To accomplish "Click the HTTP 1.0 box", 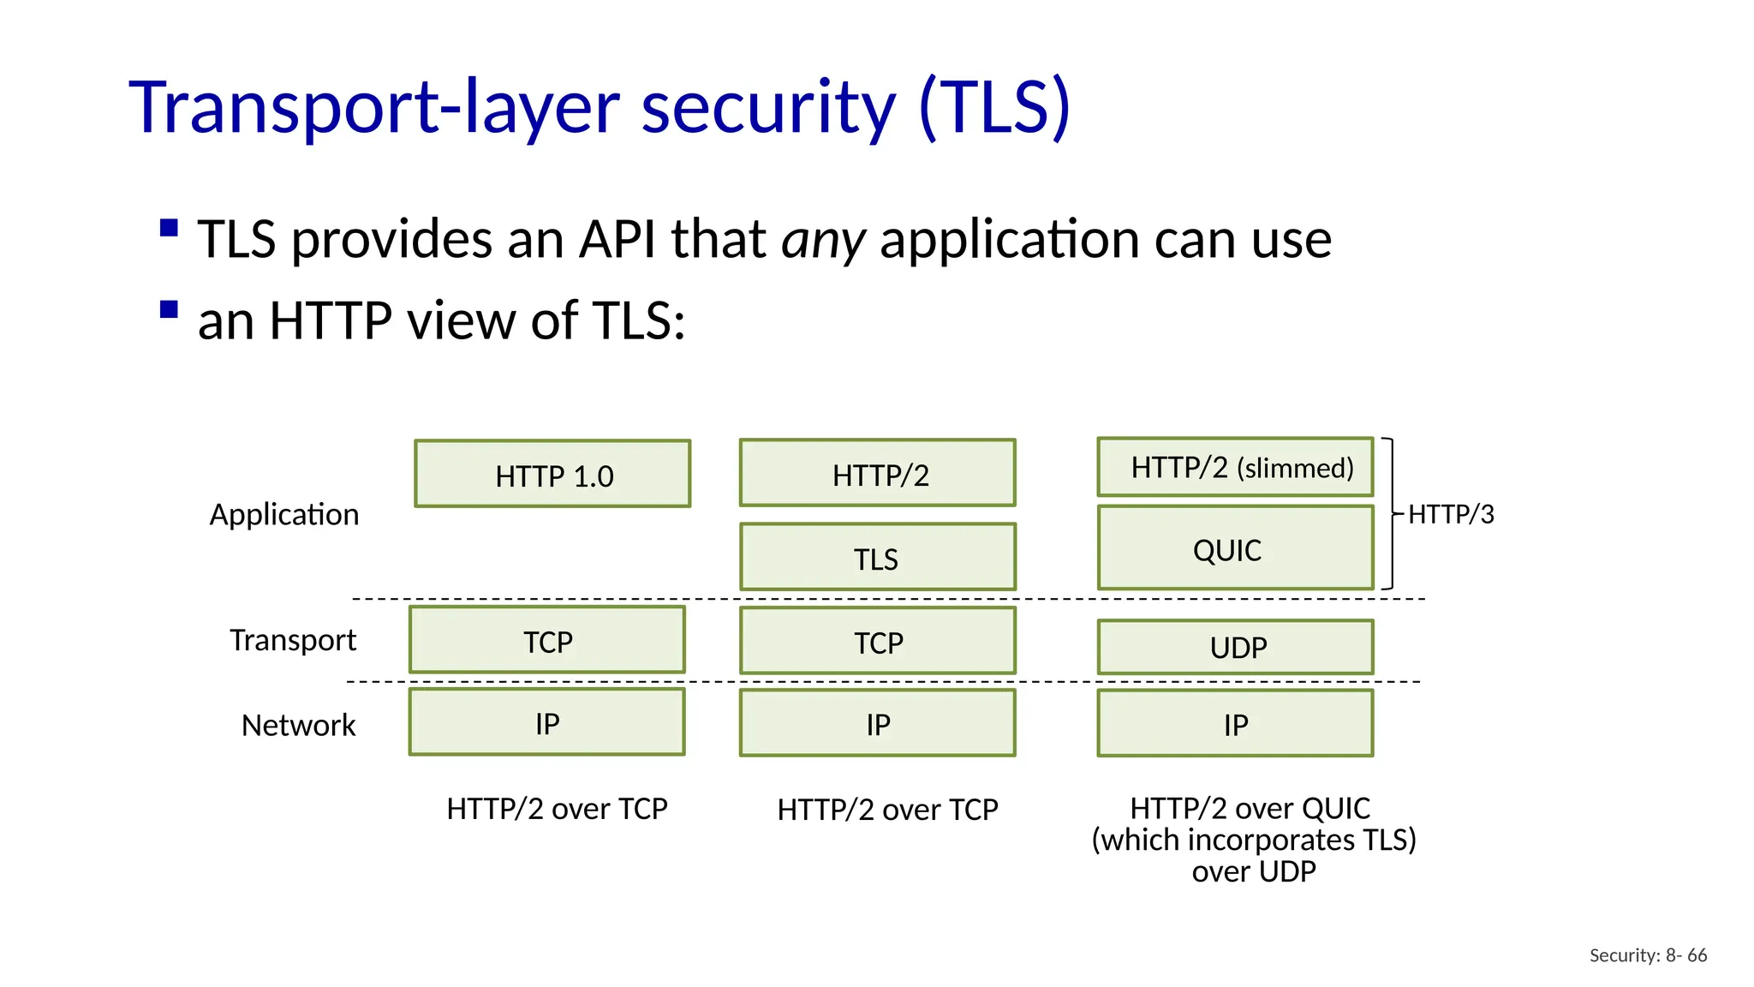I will coord(552,474).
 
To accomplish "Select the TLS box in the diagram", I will coord(877,557).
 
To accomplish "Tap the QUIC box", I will coord(1235,547).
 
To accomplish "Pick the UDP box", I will coord(1235,647).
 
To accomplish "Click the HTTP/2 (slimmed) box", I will coord(1235,467).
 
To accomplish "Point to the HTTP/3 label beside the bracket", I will coord(1451,514).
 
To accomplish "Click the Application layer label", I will coord(284,514).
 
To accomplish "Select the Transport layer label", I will coord(292,640).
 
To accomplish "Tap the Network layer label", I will coord(298,725).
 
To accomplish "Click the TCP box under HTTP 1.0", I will coord(547,640).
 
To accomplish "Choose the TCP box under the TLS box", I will coord(877,641).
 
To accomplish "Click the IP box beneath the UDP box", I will coord(1235,724).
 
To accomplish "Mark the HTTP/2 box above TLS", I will coord(877,473).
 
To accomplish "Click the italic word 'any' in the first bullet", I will coord(823,239).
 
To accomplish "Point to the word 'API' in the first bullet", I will coord(617,239).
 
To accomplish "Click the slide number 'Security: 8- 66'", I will coord(1648,955).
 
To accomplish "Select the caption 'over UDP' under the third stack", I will coord(1254,872).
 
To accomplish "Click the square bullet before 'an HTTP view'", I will coord(169,309).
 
